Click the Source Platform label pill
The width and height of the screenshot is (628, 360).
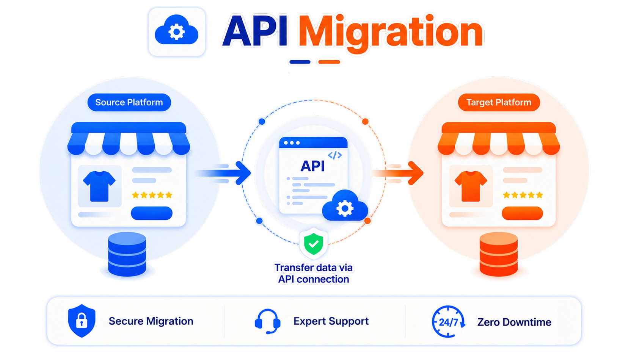[129, 102]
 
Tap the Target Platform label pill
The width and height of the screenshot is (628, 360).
[499, 102]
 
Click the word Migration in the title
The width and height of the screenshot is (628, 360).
[391, 32]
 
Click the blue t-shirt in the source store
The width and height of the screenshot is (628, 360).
[99, 186]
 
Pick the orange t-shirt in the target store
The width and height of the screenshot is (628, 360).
[471, 186]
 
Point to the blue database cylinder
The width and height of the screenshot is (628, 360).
[127, 254]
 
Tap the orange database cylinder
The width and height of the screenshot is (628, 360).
[498, 254]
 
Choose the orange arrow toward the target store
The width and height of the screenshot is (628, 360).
[398, 173]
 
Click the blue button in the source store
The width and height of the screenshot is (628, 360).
[152, 213]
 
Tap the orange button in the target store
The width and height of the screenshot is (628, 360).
[522, 213]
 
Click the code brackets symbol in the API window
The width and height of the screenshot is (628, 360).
[335, 155]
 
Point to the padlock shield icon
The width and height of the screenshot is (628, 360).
[82, 321]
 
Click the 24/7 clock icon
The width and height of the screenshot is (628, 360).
[448, 321]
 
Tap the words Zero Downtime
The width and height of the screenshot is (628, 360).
[514, 322]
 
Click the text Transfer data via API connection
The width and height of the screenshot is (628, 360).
[314, 274]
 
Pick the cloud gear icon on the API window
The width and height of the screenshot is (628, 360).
[345, 205]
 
